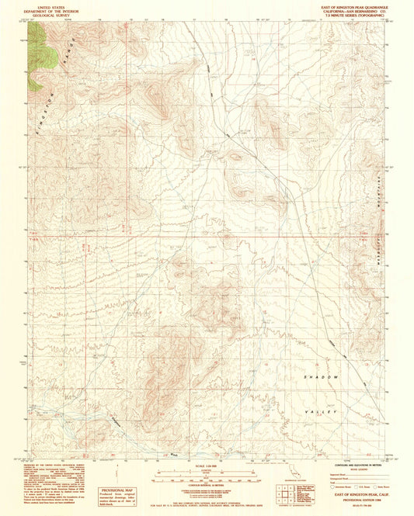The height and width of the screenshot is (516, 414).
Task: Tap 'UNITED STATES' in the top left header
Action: (x=43, y=5)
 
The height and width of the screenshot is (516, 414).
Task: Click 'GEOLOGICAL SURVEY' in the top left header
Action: (x=43, y=15)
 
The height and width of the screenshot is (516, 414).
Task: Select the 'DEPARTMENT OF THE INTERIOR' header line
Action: (x=43, y=10)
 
